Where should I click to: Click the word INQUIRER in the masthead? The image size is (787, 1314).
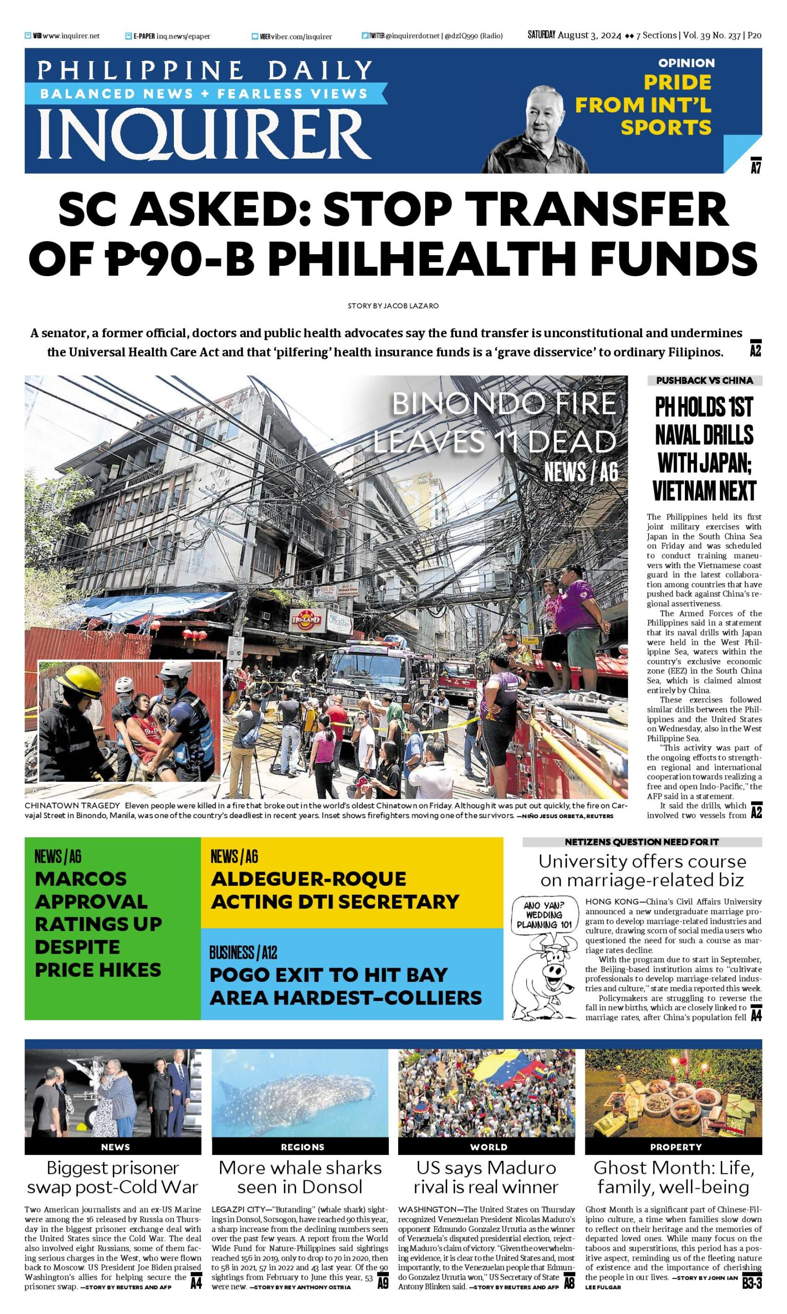tap(205, 133)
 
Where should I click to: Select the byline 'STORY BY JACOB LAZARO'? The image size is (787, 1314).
tap(393, 306)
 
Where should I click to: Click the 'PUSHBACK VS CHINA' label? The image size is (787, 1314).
tap(704, 380)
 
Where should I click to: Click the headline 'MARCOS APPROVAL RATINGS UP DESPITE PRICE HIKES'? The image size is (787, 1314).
tap(98, 923)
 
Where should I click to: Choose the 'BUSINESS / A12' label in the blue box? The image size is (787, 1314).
tap(243, 953)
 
